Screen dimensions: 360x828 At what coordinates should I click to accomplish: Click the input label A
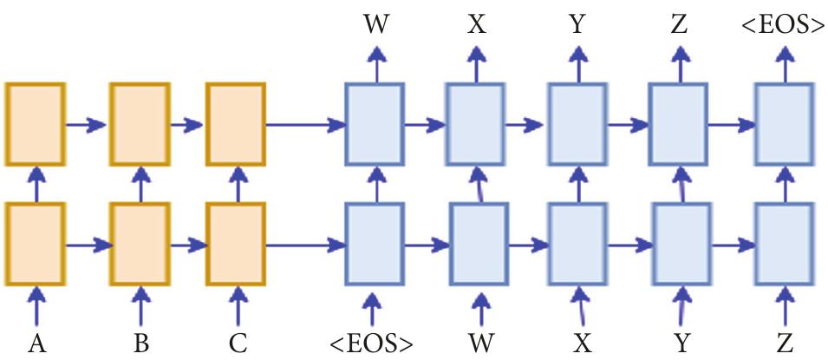pyautogui.click(x=36, y=344)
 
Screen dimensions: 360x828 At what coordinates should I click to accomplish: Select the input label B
pyautogui.click(x=140, y=344)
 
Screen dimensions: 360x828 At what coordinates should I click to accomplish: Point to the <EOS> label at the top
pyautogui.click(x=783, y=25)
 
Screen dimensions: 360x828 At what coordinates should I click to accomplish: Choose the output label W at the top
pyautogui.click(x=375, y=25)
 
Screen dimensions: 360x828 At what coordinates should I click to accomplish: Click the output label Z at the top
pyautogui.click(x=679, y=25)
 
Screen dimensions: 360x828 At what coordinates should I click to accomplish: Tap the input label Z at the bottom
pyautogui.click(x=785, y=344)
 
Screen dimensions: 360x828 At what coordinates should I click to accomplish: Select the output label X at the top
pyautogui.click(x=476, y=25)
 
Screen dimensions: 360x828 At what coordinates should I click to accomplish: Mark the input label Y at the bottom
pyautogui.click(x=681, y=344)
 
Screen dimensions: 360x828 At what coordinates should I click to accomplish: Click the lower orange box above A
pyautogui.click(x=36, y=245)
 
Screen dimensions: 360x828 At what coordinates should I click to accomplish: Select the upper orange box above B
pyautogui.click(x=139, y=123)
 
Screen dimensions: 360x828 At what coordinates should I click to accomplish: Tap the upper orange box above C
pyautogui.click(x=236, y=123)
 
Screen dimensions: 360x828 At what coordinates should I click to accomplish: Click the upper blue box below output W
pyautogui.click(x=375, y=123)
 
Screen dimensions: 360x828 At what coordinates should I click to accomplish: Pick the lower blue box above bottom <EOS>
pyautogui.click(x=375, y=245)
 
